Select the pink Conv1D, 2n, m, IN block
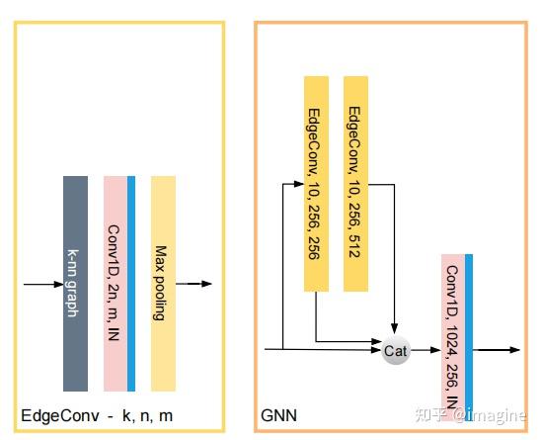[x=115, y=284]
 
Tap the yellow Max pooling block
[x=163, y=284]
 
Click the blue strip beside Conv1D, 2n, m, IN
[x=131, y=284]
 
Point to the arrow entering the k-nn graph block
[x=42, y=284]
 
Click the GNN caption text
[x=278, y=416]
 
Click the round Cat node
[x=396, y=350]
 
